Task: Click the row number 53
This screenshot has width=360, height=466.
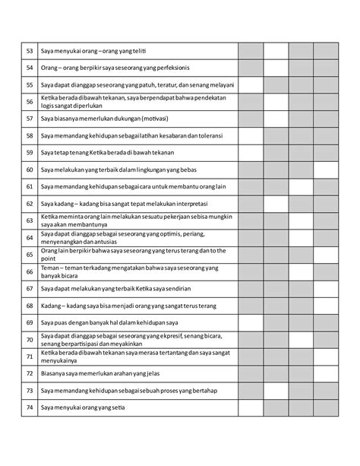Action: (30, 50)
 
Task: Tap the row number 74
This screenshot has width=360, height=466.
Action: (30, 408)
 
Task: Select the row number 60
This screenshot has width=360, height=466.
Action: (30, 170)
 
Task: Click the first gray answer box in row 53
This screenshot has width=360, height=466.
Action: (251, 50)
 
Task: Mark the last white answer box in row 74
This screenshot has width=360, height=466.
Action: (325, 408)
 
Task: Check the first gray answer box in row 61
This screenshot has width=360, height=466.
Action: (251, 186)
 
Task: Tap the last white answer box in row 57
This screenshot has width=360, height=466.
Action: (325, 119)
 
